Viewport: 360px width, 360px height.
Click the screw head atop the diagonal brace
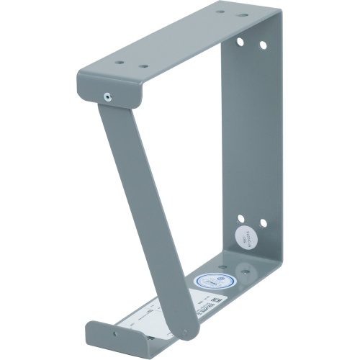107,94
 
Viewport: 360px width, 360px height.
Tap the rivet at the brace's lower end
184,332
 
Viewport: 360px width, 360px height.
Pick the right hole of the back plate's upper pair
263,45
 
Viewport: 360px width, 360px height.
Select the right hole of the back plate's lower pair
262,223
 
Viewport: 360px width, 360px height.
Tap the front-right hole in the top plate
143,66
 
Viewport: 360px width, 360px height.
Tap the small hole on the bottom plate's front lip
114,333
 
